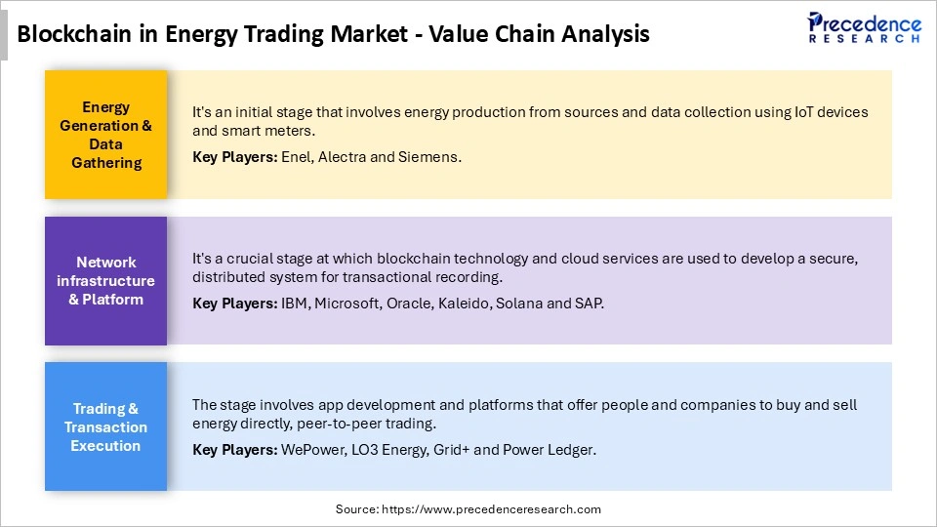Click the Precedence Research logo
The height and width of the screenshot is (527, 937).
(864, 26)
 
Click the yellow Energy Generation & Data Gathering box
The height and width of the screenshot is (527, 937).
(105, 135)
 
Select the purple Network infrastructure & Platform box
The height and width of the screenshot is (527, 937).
(105, 280)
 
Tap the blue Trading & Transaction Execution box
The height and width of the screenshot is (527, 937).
(105, 426)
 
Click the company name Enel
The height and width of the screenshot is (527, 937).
(297, 156)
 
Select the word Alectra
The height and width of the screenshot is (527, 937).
(345, 156)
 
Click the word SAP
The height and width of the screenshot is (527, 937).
(590, 303)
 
